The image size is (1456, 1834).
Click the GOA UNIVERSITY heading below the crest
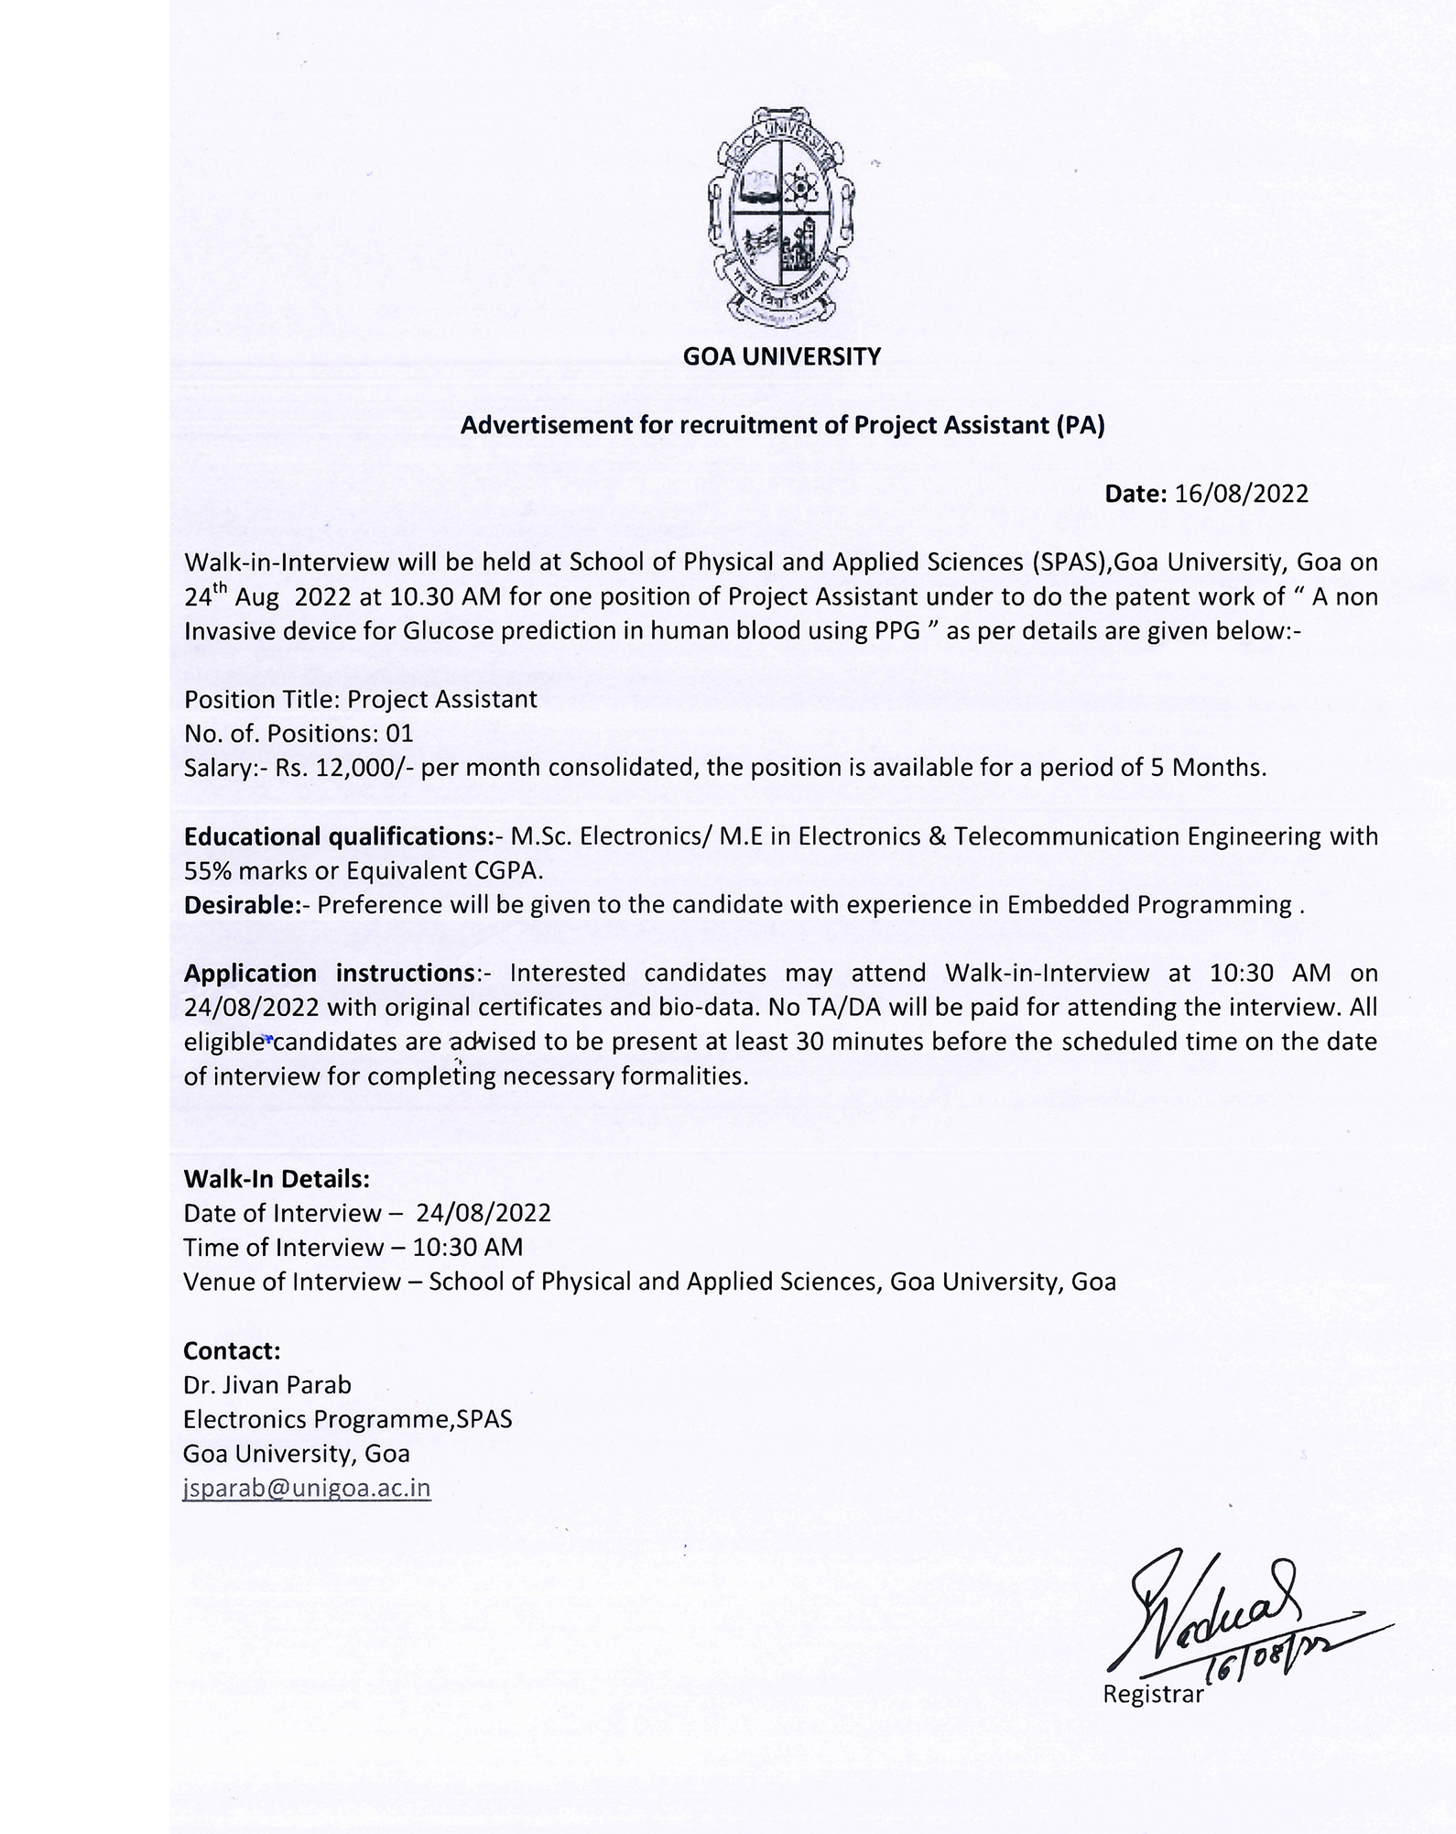(x=781, y=356)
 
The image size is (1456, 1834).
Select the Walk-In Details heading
(x=277, y=1178)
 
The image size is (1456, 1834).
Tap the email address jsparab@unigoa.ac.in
(x=307, y=1488)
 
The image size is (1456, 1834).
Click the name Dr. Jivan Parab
(x=267, y=1384)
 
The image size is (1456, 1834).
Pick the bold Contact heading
(x=232, y=1350)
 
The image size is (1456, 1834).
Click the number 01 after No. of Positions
(x=399, y=734)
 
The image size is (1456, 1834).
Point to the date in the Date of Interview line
(x=483, y=1214)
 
